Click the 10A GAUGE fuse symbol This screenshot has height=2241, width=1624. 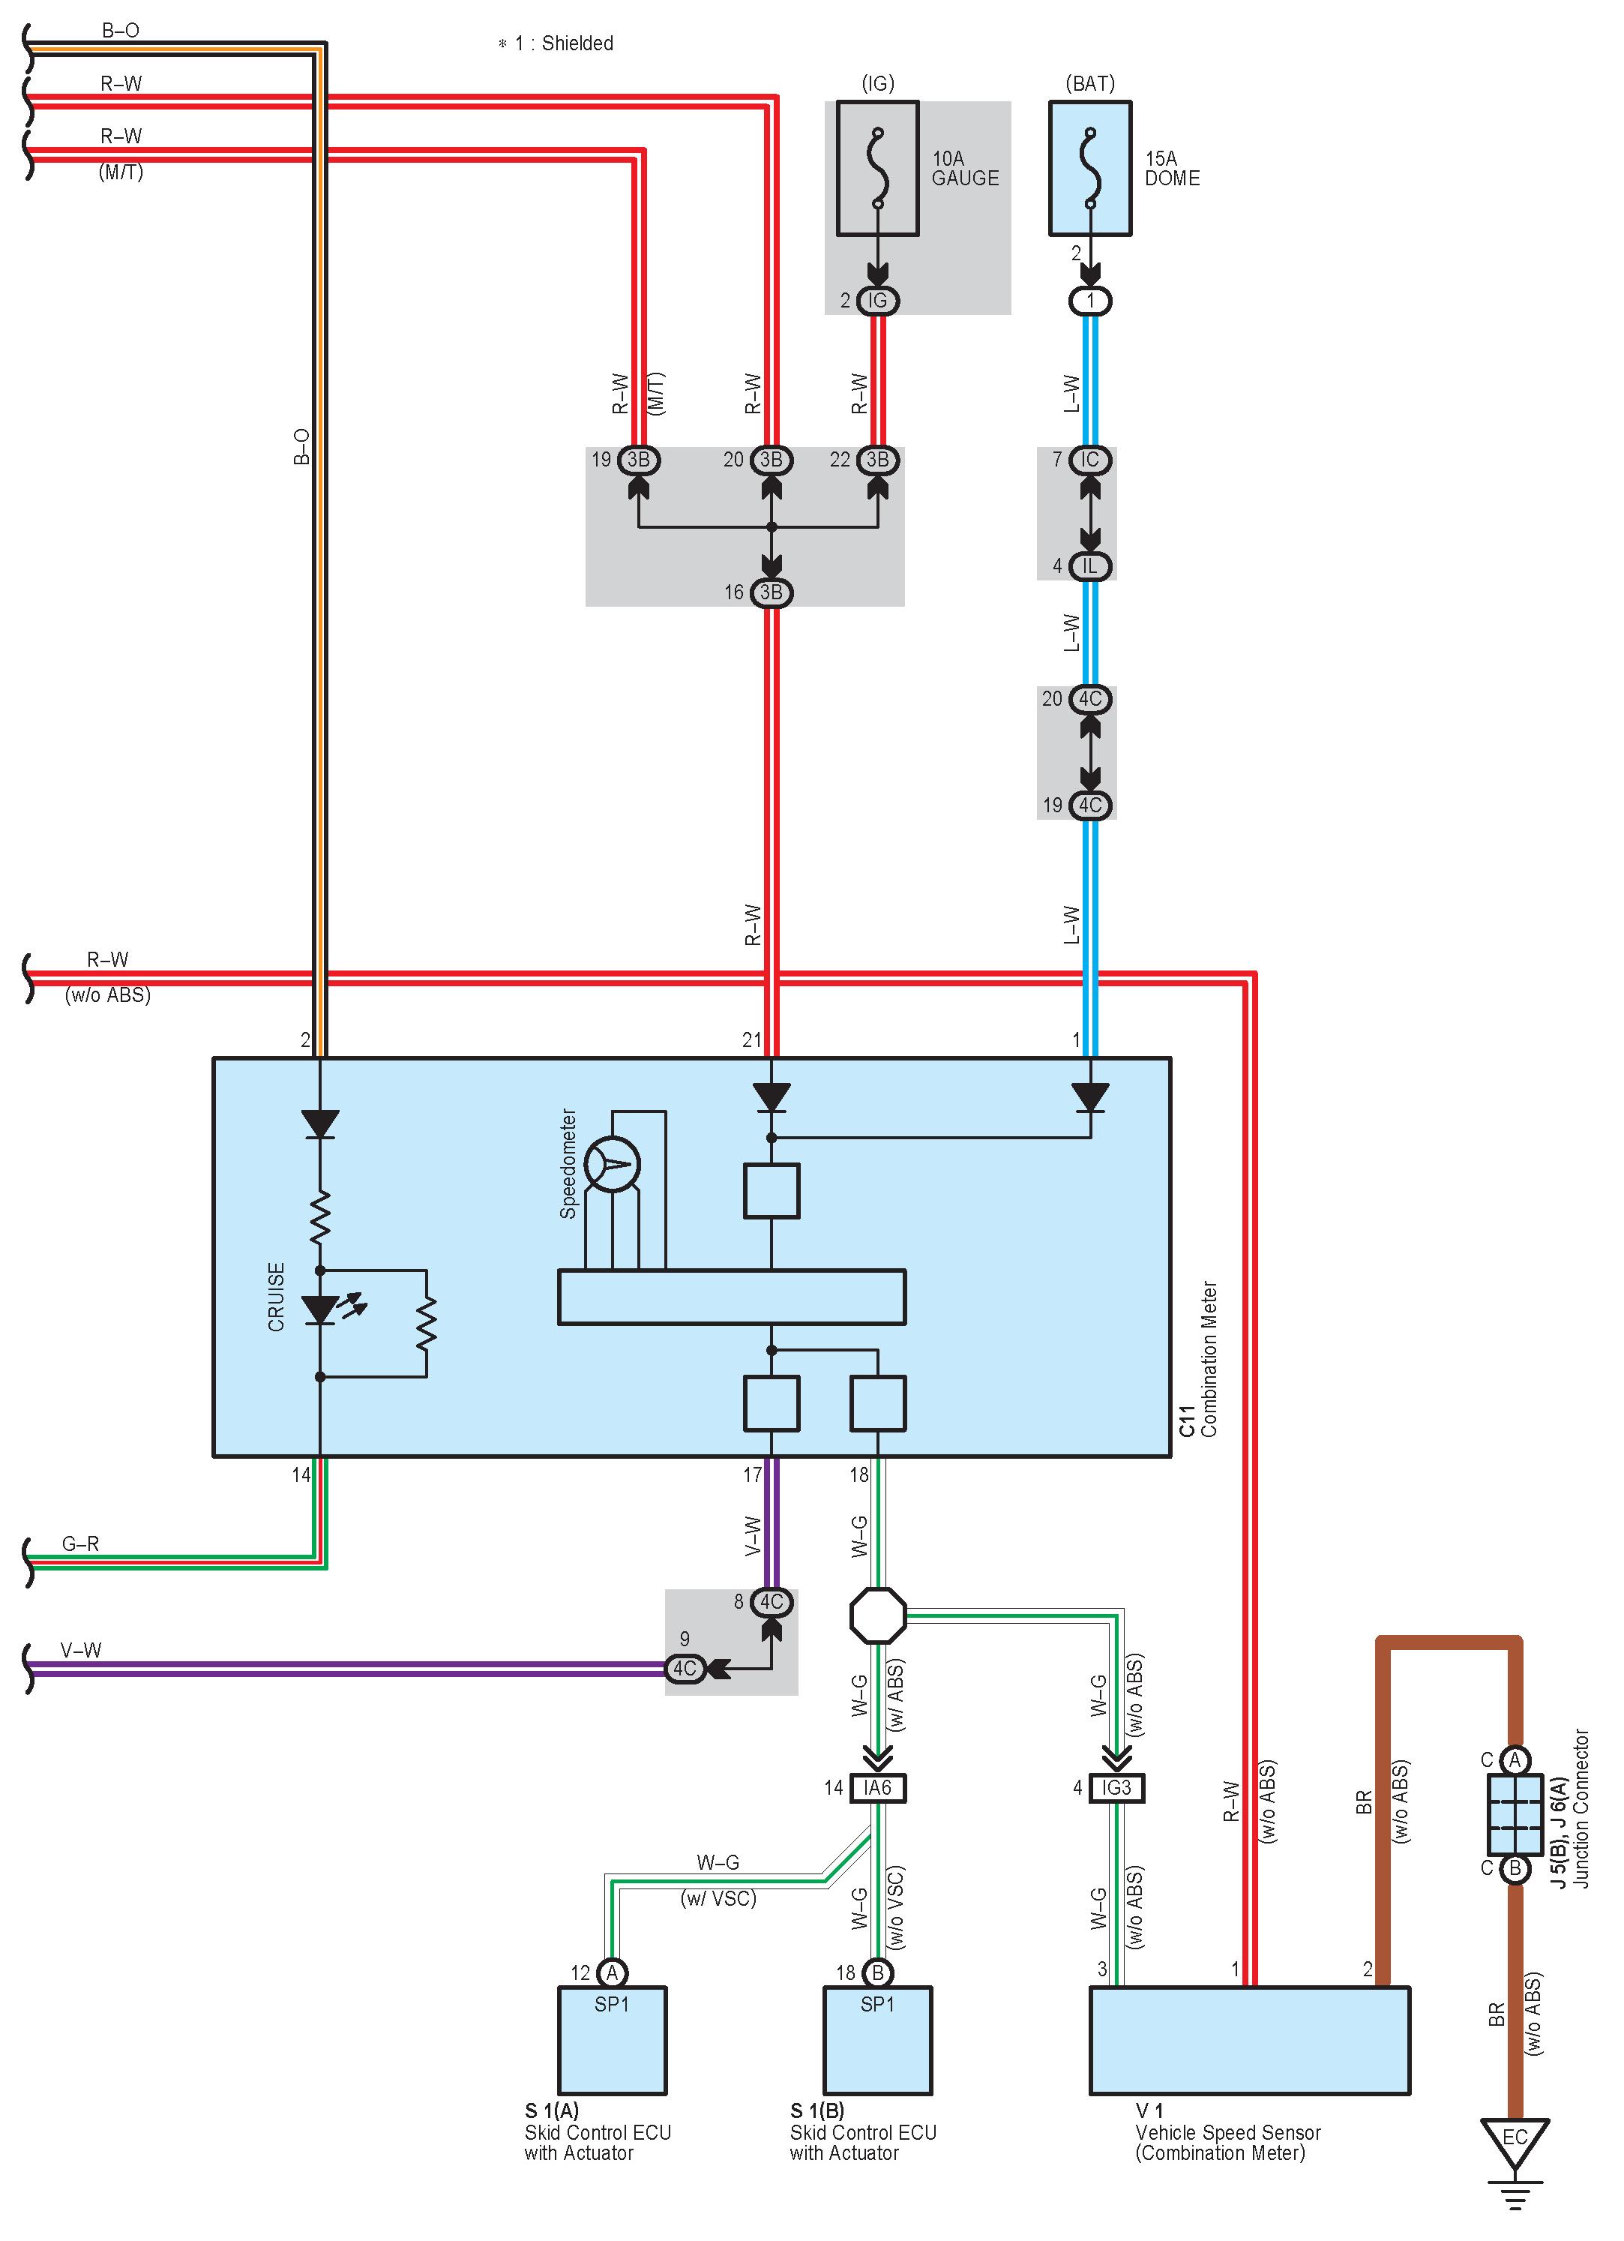[877, 168]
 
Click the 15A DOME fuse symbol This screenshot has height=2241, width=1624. [1089, 168]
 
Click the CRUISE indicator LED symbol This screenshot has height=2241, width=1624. [320, 1309]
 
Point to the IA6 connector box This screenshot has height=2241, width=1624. [877, 1787]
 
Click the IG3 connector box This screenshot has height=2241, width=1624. [1116, 1787]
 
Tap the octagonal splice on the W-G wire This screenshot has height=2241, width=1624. [877, 1615]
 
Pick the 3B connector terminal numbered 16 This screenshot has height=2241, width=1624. [771, 592]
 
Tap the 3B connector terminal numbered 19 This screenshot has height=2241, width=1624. [638, 460]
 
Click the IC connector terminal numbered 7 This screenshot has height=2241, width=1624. [1089, 460]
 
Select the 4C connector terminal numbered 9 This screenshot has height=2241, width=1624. [685, 1669]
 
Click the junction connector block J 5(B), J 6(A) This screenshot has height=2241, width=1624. [1515, 1814]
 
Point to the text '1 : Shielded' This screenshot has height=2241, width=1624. [563, 43]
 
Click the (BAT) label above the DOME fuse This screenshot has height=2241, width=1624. [1089, 83]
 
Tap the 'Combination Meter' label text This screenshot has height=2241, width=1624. [1209, 1359]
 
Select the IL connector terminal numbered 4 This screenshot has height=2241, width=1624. [1089, 566]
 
